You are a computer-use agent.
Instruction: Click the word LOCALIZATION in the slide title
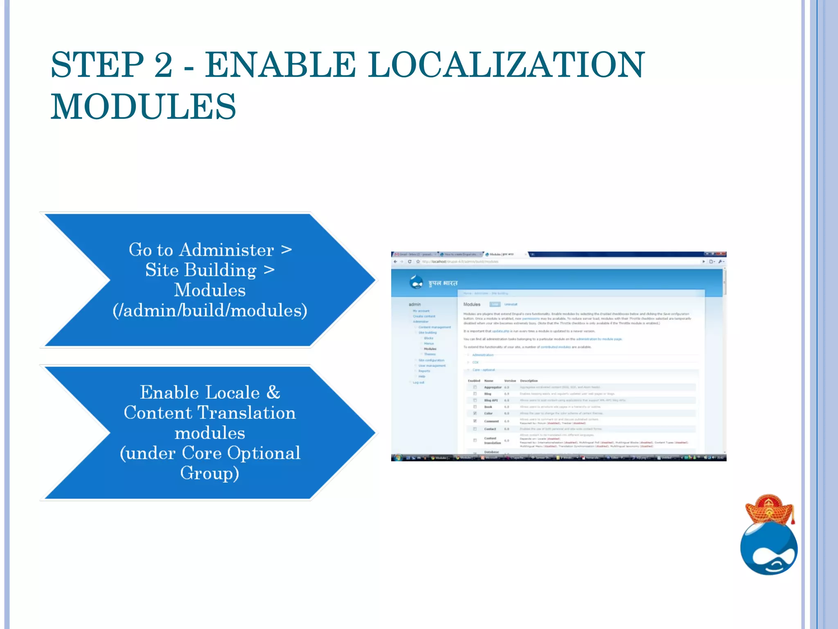click(506, 65)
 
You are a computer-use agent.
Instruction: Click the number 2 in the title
click(163, 65)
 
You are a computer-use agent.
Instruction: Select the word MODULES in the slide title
click(143, 106)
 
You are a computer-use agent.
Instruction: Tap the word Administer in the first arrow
click(226, 250)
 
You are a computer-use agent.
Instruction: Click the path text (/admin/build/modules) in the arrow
click(210, 310)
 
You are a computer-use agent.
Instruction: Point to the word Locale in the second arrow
click(232, 392)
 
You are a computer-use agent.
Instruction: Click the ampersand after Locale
click(273, 392)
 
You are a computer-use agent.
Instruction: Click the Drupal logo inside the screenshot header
click(416, 282)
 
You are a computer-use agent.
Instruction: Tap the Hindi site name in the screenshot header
click(443, 283)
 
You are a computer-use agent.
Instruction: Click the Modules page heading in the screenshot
click(472, 304)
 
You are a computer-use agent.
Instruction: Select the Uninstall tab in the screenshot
click(511, 304)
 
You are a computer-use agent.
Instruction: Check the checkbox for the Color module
click(475, 413)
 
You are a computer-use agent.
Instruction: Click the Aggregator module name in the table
click(493, 387)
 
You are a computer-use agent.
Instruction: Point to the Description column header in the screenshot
click(529, 380)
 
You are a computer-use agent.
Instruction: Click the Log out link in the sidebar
click(419, 382)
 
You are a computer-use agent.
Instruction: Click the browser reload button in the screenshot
click(410, 261)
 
